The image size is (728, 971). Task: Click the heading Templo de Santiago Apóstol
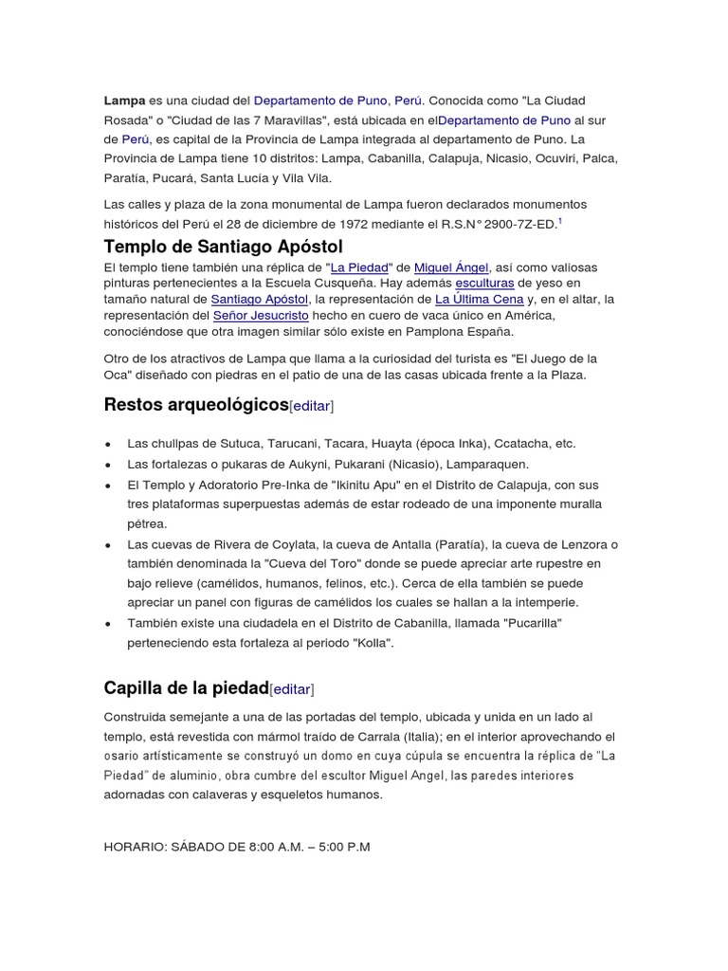(223, 247)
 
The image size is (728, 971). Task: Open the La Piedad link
(358, 267)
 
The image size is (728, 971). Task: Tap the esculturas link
(485, 283)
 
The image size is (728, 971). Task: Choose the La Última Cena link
(480, 299)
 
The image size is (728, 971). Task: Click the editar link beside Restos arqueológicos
(312, 406)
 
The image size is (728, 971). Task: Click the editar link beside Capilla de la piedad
(292, 689)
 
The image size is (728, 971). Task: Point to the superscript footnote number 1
(559, 220)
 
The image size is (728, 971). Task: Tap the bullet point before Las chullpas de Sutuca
(110, 444)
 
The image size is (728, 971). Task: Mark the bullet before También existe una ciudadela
(110, 623)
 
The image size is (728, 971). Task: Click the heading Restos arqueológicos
(195, 405)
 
